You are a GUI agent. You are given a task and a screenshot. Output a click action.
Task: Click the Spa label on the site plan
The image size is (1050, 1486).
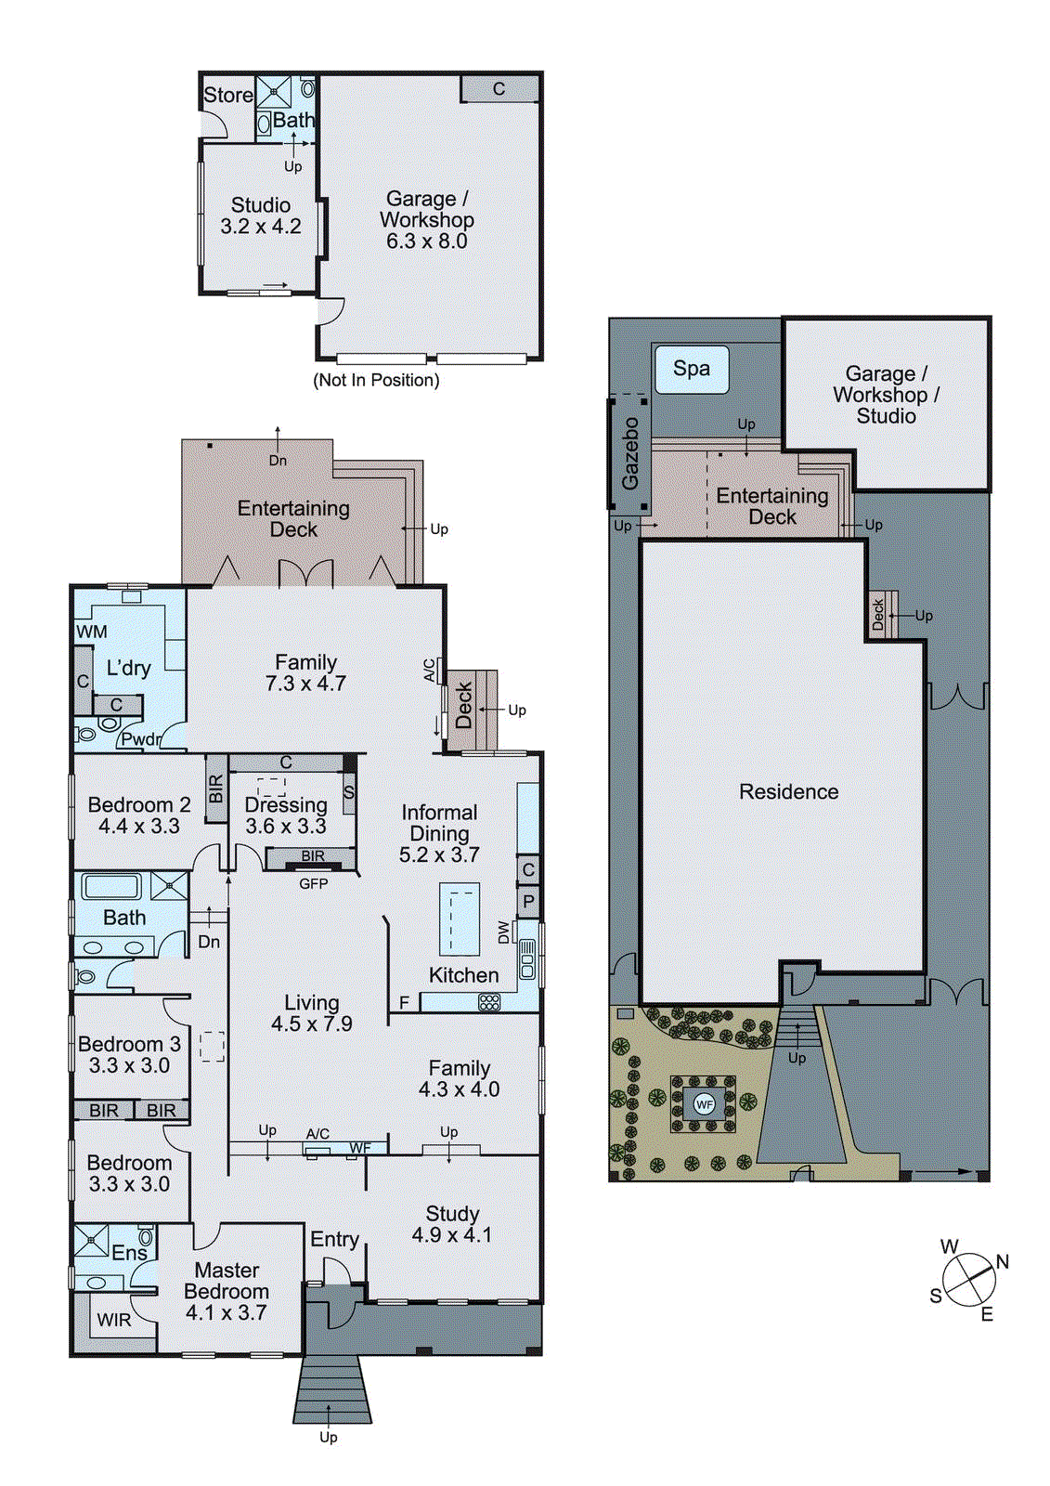[691, 369]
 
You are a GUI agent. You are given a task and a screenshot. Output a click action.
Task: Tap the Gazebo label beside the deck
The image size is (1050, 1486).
[630, 453]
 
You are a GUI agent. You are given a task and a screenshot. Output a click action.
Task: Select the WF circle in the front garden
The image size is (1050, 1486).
[704, 1104]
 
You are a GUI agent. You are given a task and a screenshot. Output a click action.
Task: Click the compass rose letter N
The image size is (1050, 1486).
[1002, 1261]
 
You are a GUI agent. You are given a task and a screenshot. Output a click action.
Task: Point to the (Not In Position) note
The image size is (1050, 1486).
[376, 380]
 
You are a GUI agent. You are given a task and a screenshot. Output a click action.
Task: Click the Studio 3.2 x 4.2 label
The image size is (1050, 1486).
[261, 215]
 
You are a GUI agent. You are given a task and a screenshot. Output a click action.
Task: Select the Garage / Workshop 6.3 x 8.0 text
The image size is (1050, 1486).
[427, 220]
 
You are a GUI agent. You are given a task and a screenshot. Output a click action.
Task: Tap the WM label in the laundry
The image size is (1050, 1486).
[91, 632]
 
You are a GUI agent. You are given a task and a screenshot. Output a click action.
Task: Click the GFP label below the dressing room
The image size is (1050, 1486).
[314, 883]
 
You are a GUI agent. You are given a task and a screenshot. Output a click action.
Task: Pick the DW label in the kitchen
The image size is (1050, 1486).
[504, 932]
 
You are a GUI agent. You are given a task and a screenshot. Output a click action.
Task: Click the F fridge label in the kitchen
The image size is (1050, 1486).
[404, 1003]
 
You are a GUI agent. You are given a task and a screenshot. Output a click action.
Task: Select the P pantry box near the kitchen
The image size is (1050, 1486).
[528, 901]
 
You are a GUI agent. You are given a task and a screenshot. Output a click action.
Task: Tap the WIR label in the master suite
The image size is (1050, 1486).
[114, 1320]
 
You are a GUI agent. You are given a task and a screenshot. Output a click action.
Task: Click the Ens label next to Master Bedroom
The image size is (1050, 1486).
[129, 1253]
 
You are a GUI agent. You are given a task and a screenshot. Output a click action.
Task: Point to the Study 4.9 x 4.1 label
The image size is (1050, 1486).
[452, 1224]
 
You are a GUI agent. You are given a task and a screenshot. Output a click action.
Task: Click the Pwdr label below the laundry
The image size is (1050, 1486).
[140, 739]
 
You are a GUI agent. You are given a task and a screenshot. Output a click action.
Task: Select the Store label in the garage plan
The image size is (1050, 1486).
[227, 95]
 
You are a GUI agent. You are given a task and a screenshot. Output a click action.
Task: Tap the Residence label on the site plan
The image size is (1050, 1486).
[788, 792]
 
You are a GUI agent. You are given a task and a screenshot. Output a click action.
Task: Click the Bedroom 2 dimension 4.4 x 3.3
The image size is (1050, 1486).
[139, 826]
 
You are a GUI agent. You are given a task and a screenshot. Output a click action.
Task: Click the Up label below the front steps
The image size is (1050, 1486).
[328, 1437]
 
